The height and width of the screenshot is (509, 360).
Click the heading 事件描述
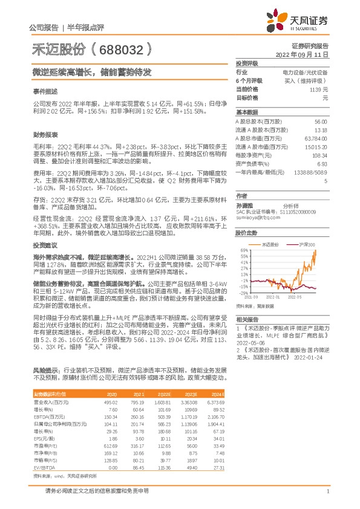coord(45,91)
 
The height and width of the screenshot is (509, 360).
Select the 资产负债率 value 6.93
coord(321,163)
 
